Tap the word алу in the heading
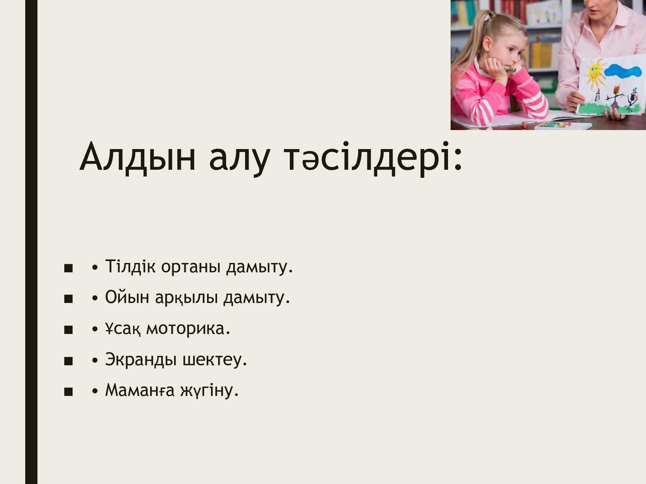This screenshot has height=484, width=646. [239, 160]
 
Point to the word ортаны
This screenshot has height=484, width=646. [191, 267]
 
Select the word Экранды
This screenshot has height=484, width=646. [141, 359]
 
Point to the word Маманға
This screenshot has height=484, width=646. [140, 390]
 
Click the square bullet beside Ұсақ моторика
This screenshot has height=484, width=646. [68, 330]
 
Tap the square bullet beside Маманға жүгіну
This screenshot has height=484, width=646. [68, 392]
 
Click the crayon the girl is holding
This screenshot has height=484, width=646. [508, 68]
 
